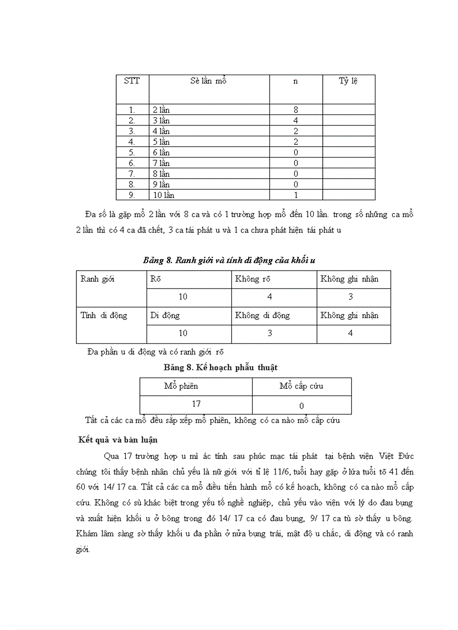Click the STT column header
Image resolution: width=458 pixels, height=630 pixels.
click(132, 81)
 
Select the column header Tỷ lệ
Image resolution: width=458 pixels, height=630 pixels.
click(348, 81)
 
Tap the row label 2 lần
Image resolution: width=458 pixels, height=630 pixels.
click(161, 110)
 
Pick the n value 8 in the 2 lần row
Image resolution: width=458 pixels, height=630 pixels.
click(296, 110)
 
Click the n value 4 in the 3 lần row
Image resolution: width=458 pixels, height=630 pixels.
click(296, 121)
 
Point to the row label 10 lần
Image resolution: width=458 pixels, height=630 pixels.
click(163, 195)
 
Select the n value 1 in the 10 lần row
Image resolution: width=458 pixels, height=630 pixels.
click(296, 195)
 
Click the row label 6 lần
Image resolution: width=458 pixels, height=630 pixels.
click(161, 153)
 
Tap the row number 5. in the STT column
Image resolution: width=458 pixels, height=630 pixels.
click(132, 153)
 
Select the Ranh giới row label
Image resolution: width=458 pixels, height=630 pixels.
click(97, 279)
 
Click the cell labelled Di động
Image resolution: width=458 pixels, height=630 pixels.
click(164, 315)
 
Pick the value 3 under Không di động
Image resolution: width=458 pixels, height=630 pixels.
click(270, 333)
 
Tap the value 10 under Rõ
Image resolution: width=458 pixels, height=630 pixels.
click(183, 297)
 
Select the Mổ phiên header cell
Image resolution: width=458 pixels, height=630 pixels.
click(181, 386)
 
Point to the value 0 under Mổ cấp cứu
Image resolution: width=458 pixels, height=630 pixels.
click(301, 406)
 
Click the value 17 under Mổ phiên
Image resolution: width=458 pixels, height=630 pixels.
click(196, 404)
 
